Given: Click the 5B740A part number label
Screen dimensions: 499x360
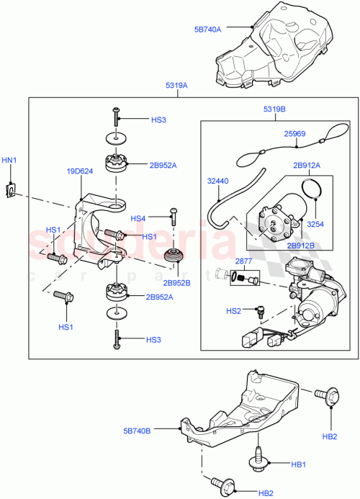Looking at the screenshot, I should click(x=207, y=30).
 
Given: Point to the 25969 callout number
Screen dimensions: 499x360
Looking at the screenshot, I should click(x=296, y=133).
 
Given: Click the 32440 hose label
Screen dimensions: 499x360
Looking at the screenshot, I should click(x=219, y=181).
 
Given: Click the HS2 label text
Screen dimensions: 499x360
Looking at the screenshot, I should click(x=233, y=311).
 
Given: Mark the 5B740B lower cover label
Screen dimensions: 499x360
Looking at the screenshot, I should click(x=136, y=431).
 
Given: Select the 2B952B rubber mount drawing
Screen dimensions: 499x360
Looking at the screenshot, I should click(x=173, y=256).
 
